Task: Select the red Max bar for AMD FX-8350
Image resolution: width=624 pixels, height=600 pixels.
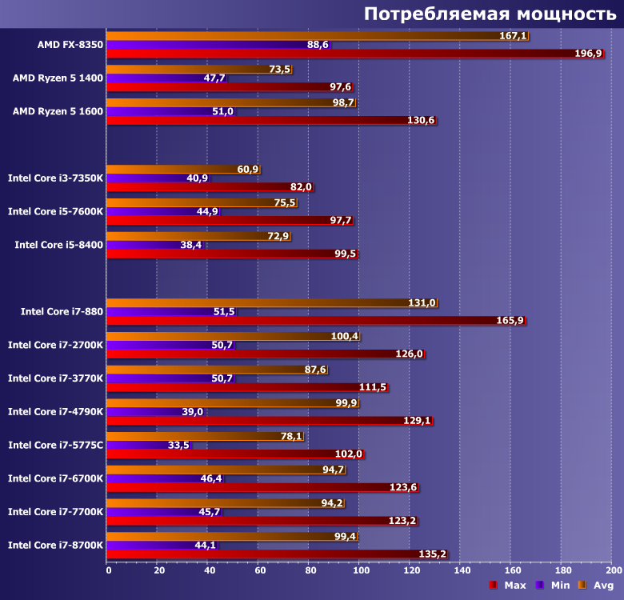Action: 320,54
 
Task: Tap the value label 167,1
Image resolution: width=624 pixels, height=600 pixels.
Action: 513,36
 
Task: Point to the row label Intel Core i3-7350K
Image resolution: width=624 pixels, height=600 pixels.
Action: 55,178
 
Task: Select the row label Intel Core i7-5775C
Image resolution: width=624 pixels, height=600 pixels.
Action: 55,445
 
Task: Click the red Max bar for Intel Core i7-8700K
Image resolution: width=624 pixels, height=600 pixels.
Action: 264,554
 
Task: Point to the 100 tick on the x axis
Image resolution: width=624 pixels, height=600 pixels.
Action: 361,570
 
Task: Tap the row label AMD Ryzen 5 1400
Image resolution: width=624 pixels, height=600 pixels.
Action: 58,78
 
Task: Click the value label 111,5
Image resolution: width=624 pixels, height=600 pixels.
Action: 372,387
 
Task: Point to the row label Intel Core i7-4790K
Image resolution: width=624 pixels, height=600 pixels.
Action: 55,411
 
